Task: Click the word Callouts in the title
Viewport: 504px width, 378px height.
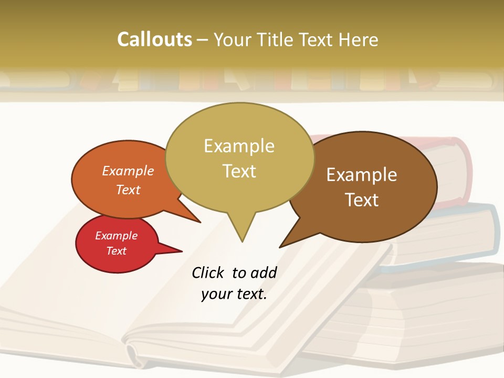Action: [154, 39]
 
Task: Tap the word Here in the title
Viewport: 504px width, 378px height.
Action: [359, 39]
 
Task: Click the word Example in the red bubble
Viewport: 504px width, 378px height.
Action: [117, 236]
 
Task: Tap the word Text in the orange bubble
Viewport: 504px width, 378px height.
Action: [128, 190]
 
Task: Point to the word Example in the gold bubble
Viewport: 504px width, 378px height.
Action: [239, 146]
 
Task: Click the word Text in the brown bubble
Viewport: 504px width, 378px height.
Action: [362, 200]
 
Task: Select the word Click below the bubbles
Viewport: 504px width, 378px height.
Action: [209, 272]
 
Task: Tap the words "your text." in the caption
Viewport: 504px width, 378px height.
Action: [234, 294]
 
